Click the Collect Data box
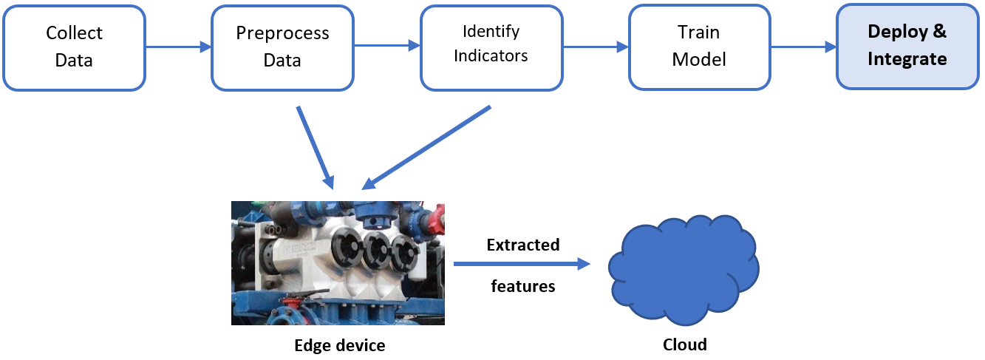pos(74,47)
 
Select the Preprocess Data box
pos(282,47)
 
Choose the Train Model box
pos(699,47)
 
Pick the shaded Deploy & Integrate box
pos(907,47)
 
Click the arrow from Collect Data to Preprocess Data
pos(178,47)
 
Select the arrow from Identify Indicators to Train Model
pos(595,47)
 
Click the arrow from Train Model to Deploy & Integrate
pos(803,47)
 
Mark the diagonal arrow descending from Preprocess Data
pos(315,146)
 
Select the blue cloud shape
pos(684,271)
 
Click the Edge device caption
pos(340,345)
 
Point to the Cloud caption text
pos(685,344)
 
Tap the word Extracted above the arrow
pos(523,245)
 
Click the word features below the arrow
pos(523,285)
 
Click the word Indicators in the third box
pos(491,55)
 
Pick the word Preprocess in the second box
pos(282,34)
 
